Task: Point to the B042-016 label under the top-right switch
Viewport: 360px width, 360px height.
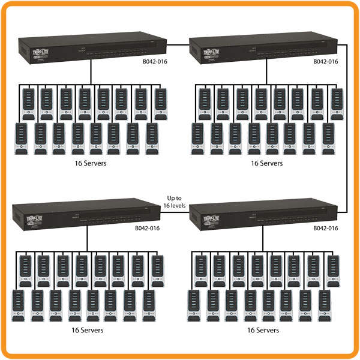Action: click(326, 61)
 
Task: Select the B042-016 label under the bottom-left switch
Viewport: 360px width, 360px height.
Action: click(147, 228)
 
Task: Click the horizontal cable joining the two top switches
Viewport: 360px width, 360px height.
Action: click(178, 43)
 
